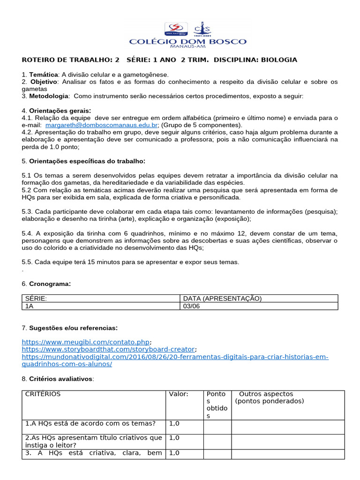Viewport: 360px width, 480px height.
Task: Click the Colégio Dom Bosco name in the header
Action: point(187,42)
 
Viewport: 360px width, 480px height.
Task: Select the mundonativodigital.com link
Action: point(175,357)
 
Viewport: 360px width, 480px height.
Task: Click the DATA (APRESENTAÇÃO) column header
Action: point(222,299)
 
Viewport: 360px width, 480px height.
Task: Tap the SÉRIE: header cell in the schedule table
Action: point(37,299)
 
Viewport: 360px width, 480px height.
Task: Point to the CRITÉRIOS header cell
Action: point(43,394)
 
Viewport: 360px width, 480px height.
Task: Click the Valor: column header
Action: point(179,394)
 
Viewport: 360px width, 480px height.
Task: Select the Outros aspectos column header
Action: point(266,394)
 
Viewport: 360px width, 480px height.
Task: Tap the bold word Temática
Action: point(44,75)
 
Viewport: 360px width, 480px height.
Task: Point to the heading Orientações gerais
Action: point(60,111)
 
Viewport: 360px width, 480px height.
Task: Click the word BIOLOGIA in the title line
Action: point(279,60)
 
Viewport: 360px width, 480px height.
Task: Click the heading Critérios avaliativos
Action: point(61,379)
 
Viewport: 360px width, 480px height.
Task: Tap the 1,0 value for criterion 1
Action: point(174,423)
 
